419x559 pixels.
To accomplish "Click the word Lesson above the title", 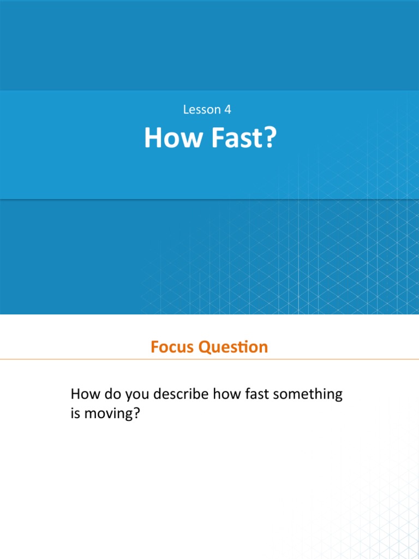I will [x=201, y=110].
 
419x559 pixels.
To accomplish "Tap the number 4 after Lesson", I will [x=228, y=110].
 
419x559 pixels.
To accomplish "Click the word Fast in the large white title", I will [x=230, y=139].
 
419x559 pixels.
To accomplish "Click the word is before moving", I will [x=75, y=414].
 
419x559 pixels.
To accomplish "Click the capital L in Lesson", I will [x=185, y=110].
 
